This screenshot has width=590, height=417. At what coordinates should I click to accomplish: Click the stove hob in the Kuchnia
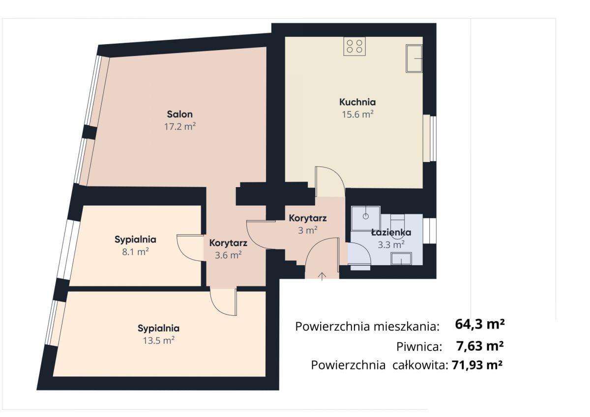click(x=354, y=46)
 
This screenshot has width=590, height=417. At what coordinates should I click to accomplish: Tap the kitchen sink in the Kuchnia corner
click(x=414, y=58)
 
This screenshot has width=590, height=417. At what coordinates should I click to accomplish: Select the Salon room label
click(x=179, y=114)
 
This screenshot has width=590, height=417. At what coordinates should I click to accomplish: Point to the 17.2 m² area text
click(x=180, y=126)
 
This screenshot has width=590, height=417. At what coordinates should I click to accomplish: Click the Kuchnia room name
click(x=357, y=102)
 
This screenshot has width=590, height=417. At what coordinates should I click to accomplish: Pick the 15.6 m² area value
click(x=357, y=114)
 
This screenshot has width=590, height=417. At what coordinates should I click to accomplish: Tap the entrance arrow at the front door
click(x=322, y=276)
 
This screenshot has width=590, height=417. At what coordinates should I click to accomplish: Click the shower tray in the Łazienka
click(x=366, y=217)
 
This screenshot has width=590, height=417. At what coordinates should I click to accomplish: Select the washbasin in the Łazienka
click(x=401, y=258)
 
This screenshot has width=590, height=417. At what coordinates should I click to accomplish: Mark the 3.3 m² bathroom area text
click(x=391, y=243)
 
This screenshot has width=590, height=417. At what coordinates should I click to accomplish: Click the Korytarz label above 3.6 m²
click(x=228, y=243)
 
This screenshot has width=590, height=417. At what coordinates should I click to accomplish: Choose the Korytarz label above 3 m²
click(x=308, y=218)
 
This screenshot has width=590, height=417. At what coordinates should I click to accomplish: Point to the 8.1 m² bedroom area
click(x=135, y=252)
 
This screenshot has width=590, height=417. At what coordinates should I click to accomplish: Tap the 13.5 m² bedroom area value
click(x=158, y=340)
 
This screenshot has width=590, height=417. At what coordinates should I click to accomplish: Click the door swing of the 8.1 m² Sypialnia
click(x=189, y=248)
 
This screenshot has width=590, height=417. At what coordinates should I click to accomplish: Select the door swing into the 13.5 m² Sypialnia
click(x=223, y=302)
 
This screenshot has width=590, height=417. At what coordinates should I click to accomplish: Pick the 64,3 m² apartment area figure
click(x=480, y=324)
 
